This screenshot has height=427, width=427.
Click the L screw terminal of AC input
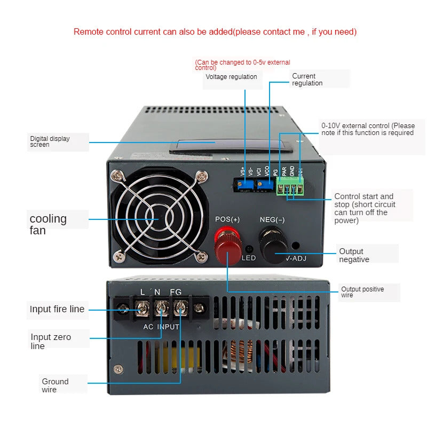(x=143, y=308)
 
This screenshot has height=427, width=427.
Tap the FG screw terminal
(x=180, y=308)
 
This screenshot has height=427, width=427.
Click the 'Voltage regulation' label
(x=231, y=77)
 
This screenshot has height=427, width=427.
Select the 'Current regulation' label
(x=307, y=80)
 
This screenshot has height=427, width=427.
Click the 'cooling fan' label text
(x=48, y=224)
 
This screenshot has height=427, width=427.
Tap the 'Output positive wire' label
(x=362, y=292)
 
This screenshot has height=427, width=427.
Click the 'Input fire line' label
(x=57, y=310)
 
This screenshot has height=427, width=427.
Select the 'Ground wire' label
(x=56, y=385)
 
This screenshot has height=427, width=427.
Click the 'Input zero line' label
(x=51, y=341)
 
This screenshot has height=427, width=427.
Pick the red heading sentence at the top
(x=215, y=32)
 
